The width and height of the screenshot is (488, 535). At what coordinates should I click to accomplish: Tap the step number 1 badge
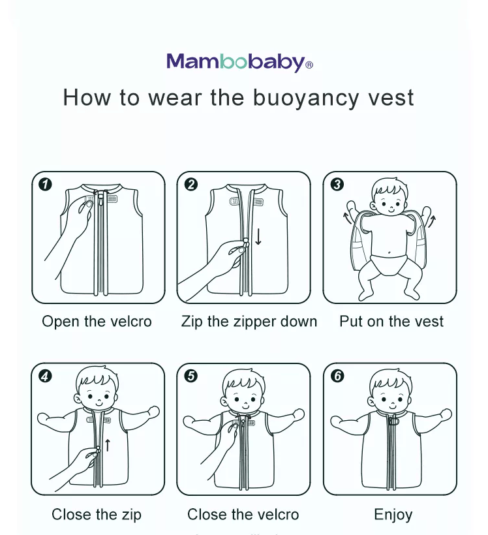(45, 185)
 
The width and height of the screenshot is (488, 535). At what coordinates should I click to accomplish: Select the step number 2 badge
(191, 185)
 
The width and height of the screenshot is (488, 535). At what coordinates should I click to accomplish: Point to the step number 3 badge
(337, 185)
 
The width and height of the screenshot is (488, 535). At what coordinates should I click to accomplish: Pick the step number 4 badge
(45, 376)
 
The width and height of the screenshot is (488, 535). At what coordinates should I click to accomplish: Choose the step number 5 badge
(191, 376)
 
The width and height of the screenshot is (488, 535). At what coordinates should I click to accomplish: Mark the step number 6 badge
(337, 376)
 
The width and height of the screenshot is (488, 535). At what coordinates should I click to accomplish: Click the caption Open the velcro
(97, 322)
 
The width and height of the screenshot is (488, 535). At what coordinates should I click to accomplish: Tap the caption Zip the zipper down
(249, 322)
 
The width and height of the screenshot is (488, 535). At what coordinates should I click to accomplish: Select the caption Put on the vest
(391, 322)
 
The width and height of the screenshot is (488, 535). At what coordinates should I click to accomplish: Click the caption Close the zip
(97, 515)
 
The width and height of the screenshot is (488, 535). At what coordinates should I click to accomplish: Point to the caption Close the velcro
(243, 515)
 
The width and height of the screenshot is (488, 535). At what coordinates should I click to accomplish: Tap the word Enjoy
(393, 515)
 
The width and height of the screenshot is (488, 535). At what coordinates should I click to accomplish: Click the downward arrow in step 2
(258, 236)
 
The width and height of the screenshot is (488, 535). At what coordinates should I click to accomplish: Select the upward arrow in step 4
(108, 446)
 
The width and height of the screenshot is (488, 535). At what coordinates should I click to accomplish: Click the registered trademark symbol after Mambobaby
(309, 65)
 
